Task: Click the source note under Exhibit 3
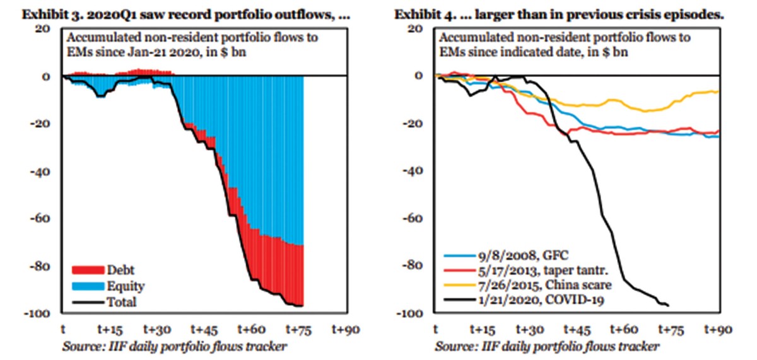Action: tap(175, 346)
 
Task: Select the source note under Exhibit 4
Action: tap(547, 346)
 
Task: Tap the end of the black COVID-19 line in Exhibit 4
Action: tap(668, 305)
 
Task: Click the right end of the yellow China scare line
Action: tap(718, 92)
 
